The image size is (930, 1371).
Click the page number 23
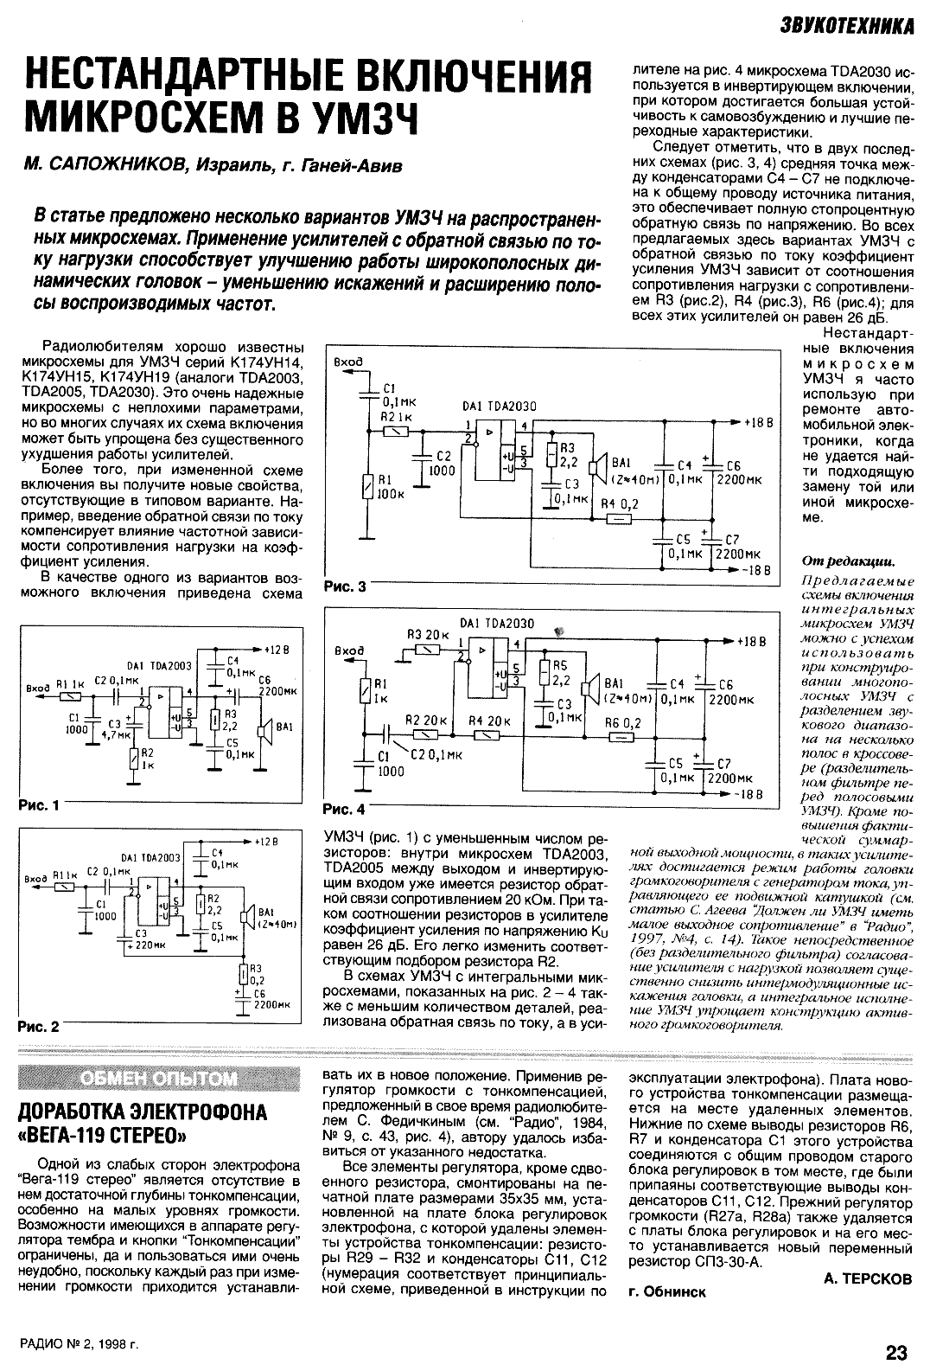point(896,1351)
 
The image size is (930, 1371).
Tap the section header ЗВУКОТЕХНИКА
point(844,26)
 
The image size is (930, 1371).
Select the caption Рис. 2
point(39,1028)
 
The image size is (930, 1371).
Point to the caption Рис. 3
point(345,587)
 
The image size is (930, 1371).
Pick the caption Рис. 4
point(345,810)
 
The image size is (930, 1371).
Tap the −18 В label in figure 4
point(746,794)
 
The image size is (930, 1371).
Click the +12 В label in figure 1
point(278,649)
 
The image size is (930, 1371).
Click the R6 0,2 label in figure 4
point(623,722)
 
